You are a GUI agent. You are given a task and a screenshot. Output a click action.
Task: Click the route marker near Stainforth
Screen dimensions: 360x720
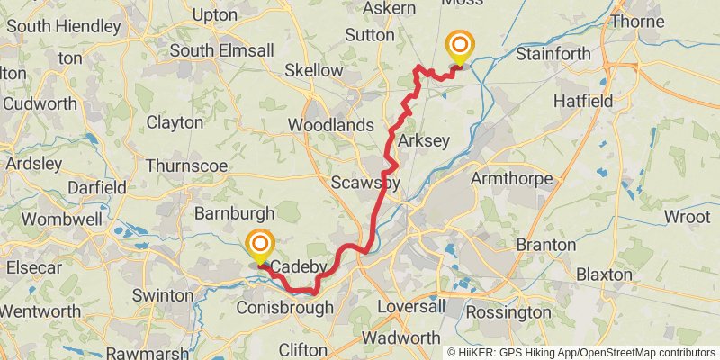pyautogui.click(x=460, y=45)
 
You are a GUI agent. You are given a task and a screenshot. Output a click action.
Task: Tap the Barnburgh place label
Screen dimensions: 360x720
pyautogui.click(x=234, y=213)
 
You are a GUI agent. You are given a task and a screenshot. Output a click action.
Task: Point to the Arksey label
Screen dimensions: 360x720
pyautogui.click(x=417, y=140)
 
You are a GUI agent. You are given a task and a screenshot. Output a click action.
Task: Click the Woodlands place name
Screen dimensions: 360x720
pyautogui.click(x=330, y=125)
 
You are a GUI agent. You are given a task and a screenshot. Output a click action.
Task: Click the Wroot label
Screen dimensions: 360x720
pyautogui.click(x=687, y=218)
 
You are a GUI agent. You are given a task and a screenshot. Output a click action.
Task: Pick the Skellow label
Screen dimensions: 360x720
pyautogui.click(x=313, y=70)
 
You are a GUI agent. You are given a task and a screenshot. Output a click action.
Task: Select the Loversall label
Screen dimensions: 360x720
pyautogui.click(x=411, y=307)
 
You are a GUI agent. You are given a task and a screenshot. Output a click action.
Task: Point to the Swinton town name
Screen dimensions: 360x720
pyautogui.click(x=162, y=295)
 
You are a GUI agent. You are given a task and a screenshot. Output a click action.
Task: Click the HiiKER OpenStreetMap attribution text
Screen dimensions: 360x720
pyautogui.click(x=581, y=353)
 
